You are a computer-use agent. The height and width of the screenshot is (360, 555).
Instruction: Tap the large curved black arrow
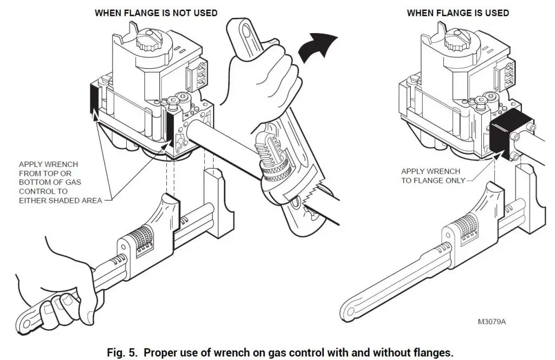(318, 47)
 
